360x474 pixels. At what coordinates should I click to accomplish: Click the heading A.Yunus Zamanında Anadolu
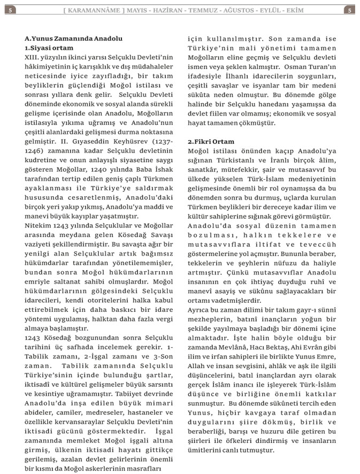pyautogui.click(x=73, y=39)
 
